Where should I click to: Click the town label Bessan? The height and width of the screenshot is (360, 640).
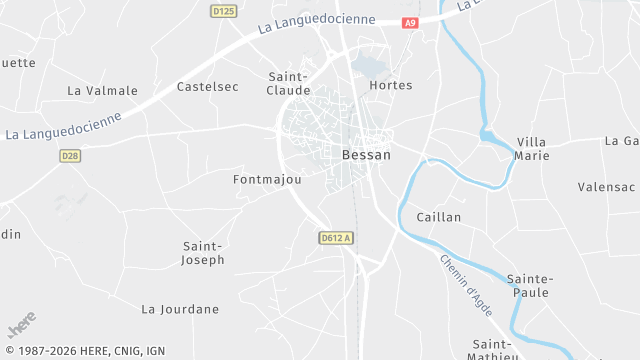click(366, 155)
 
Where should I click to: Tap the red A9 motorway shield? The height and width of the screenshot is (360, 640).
click(410, 22)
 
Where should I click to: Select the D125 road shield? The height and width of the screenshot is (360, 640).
click(223, 11)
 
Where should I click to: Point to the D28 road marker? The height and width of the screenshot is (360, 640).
click(69, 155)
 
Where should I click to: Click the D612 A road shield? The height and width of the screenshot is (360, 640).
click(337, 237)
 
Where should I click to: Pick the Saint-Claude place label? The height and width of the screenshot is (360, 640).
click(289, 82)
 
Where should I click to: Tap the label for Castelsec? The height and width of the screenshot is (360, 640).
click(208, 87)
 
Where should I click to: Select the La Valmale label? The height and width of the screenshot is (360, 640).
click(102, 90)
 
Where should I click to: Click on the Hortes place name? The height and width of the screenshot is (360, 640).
click(390, 85)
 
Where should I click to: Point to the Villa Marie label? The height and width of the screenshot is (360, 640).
click(531, 149)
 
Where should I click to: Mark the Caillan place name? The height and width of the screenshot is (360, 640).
click(438, 217)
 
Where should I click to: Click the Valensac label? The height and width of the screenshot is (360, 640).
click(606, 187)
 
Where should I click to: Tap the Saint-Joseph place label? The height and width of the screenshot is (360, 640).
click(203, 252)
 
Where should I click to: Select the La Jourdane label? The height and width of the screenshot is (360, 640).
click(180, 309)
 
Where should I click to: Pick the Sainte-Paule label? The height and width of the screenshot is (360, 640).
click(530, 285)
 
